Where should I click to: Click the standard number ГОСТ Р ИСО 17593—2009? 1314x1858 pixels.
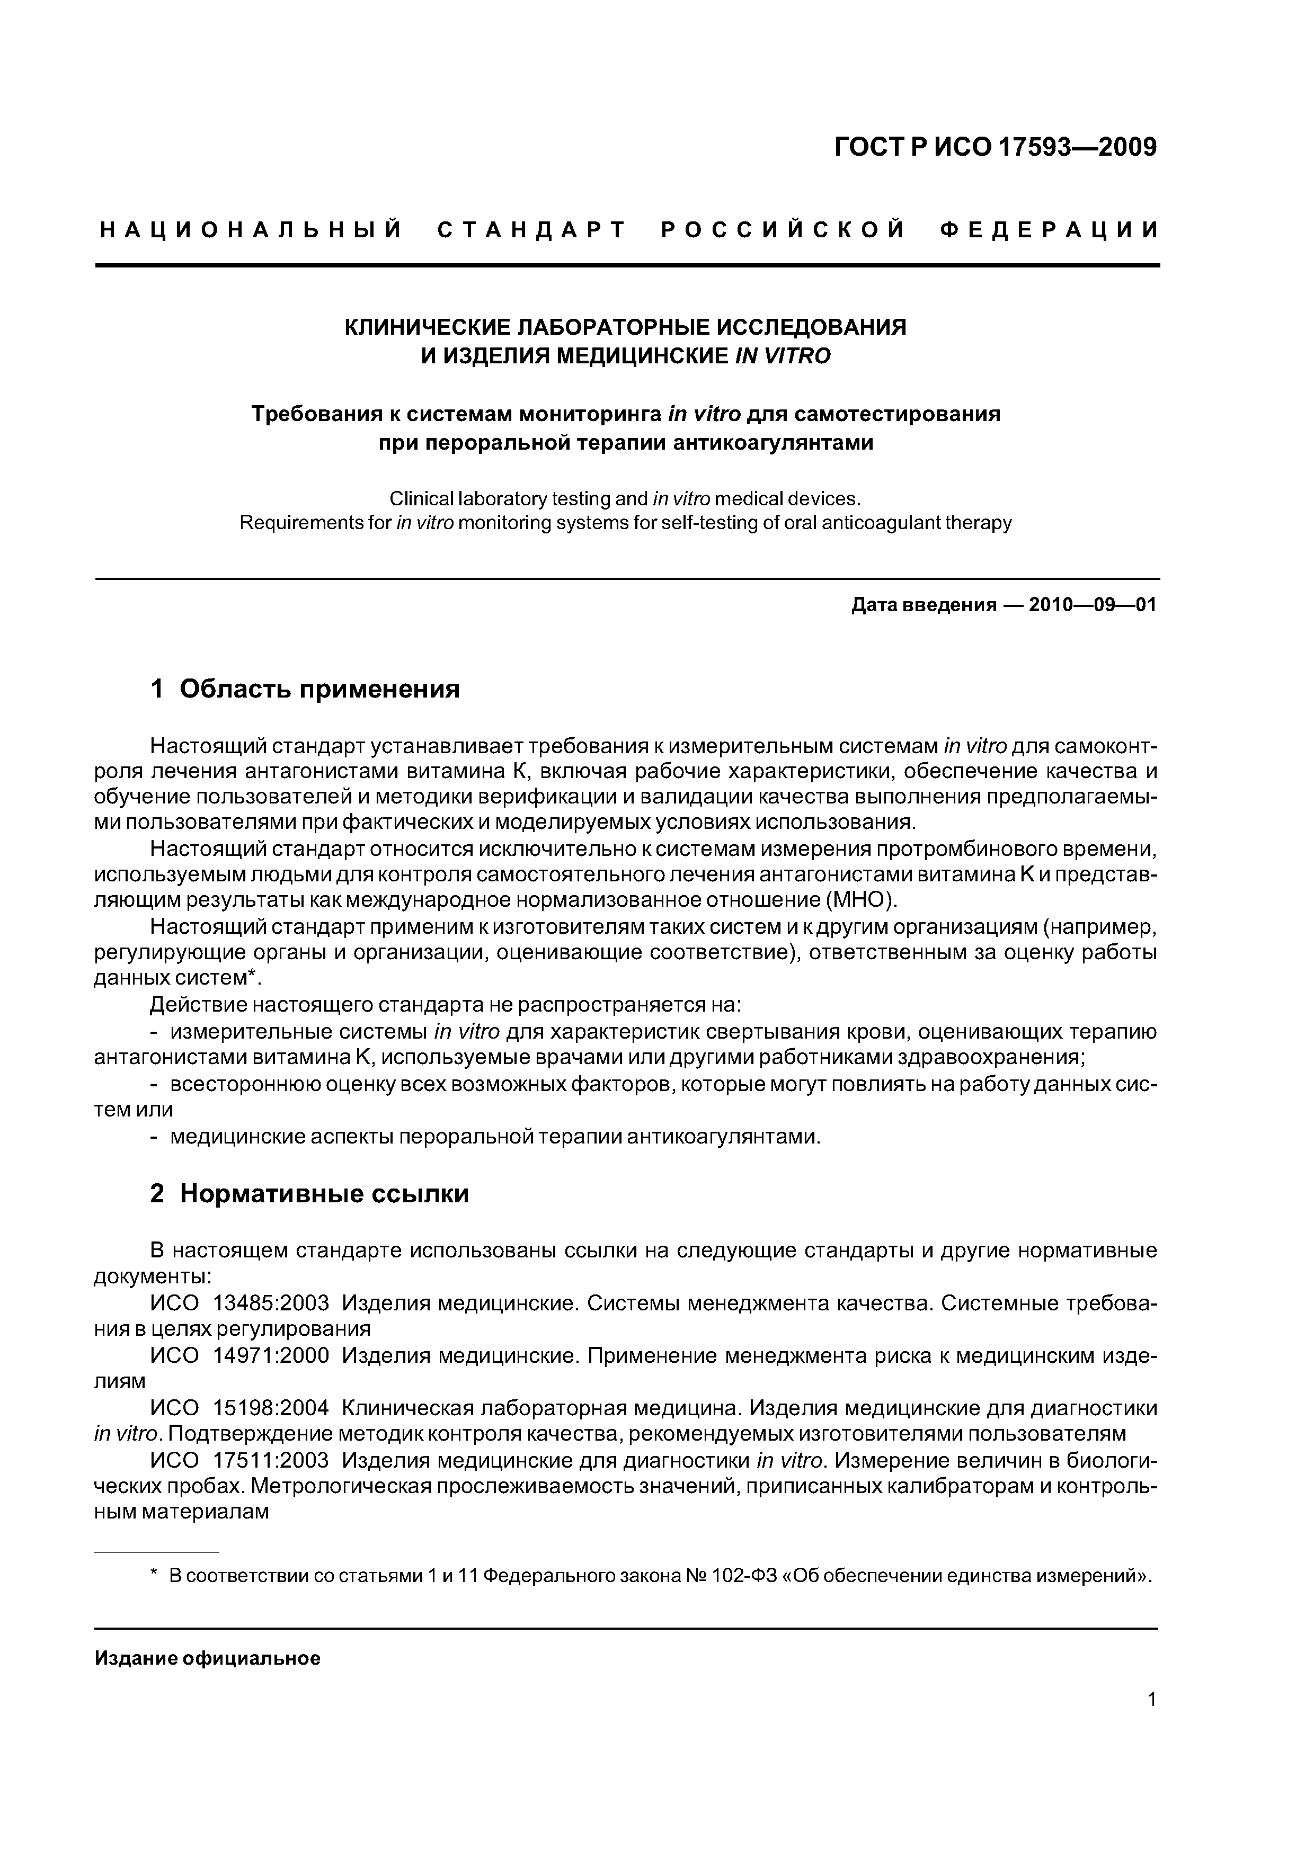point(995,147)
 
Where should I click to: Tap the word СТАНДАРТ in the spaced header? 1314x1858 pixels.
point(532,230)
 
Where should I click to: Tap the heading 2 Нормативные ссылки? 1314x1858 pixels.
point(309,1194)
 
